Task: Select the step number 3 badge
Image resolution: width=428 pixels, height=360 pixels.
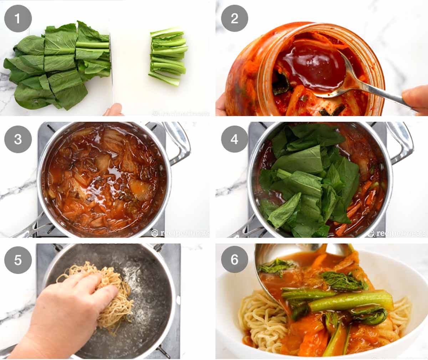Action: click(x=18, y=139)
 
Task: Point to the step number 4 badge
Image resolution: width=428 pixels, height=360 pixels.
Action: click(x=234, y=139)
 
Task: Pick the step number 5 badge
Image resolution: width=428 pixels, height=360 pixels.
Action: click(x=18, y=260)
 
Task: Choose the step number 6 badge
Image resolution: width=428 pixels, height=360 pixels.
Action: click(x=234, y=260)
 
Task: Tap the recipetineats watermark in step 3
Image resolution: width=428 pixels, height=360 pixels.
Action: click(x=180, y=233)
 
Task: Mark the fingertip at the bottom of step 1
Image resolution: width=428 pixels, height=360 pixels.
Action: click(x=113, y=110)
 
